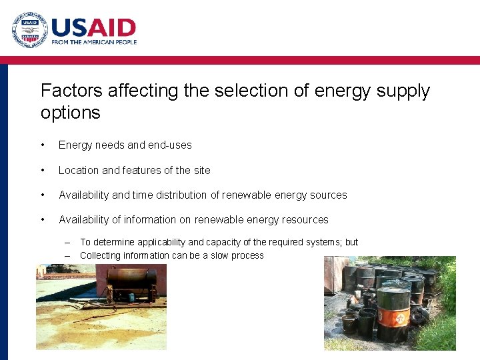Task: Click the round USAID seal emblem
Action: (30, 31)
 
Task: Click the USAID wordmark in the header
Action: (93, 28)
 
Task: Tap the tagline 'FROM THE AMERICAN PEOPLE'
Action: (94, 42)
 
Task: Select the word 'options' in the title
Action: (70, 113)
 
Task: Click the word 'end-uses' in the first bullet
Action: (171, 145)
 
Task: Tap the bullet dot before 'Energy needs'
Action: (43, 145)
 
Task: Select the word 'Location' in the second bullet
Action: (79, 171)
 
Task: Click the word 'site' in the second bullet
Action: (201, 171)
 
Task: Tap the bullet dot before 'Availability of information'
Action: (43, 220)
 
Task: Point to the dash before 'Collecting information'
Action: (68, 256)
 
